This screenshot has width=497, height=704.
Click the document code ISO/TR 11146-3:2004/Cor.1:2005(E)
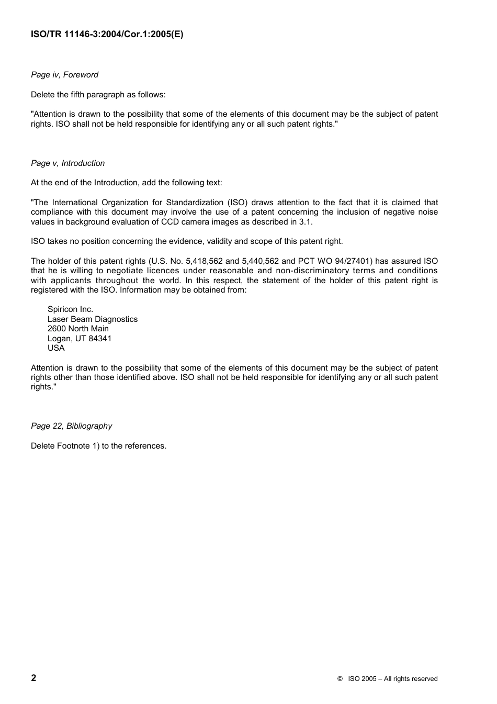tap(107, 35)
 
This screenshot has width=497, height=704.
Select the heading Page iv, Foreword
tap(64, 75)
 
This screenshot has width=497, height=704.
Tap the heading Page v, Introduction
tap(67, 163)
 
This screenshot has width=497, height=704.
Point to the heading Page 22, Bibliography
tap(71, 426)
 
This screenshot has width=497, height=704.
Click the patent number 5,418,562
tap(204, 261)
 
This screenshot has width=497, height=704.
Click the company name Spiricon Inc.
tap(70, 309)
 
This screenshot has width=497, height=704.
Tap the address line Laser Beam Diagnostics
tap(93, 319)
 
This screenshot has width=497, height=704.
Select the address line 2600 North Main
tap(78, 329)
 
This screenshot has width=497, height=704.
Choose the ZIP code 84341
tap(100, 339)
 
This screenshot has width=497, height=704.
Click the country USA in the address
tap(56, 348)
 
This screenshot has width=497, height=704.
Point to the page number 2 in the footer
tap(34, 678)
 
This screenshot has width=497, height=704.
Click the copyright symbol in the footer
tap(340, 679)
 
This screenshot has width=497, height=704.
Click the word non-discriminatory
tap(312, 271)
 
